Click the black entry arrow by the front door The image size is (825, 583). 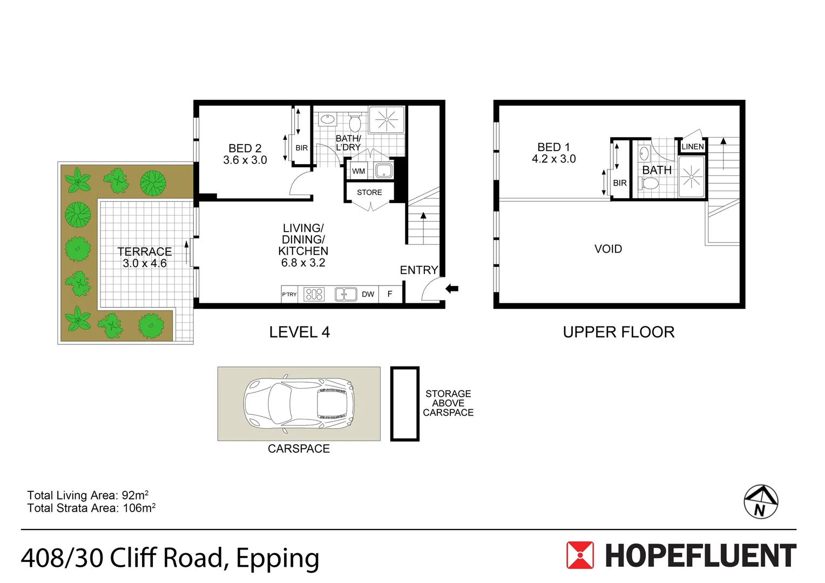tap(452, 289)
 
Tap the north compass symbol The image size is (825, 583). tap(761, 501)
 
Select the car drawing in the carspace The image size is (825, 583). tap(299, 404)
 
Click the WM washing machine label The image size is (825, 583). tap(359, 171)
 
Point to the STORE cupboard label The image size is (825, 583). tap(369, 192)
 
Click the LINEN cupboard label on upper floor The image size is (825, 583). tap(692, 147)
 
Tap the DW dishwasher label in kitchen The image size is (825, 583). tap(368, 294)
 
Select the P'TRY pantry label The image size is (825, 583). tap(289, 294)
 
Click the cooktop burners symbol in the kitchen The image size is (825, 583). tap(314, 294)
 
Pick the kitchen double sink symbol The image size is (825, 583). tap(346, 294)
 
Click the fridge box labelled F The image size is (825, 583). tap(390, 294)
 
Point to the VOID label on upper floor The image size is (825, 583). tap(608, 249)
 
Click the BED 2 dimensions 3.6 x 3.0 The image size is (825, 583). tap(245, 160)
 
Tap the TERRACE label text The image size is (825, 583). tap(145, 252)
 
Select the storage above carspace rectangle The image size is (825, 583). tap(404, 404)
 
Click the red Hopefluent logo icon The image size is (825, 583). tap(580, 555)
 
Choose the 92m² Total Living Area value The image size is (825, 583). tap(135, 495)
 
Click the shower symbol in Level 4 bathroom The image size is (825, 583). tap(387, 119)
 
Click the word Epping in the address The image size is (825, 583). tap(278, 558)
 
